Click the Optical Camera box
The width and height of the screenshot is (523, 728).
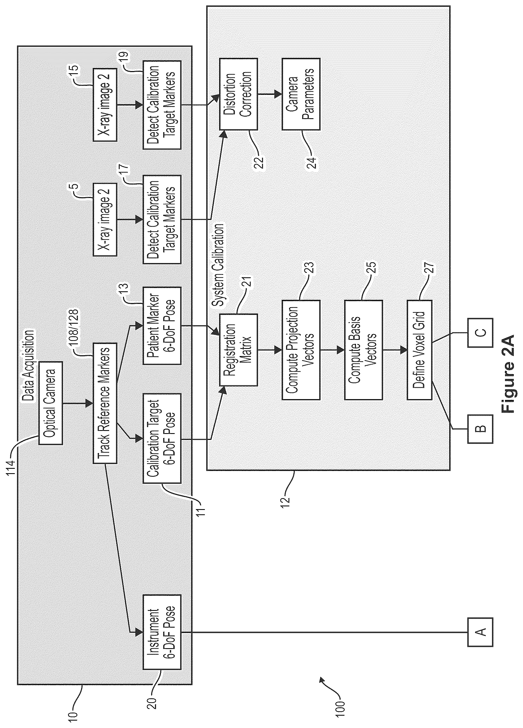(x=50, y=402)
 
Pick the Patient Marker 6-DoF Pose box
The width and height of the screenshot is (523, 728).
(x=162, y=326)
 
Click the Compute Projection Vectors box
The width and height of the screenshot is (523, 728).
(x=301, y=350)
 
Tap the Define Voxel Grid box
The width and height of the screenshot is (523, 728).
(x=419, y=350)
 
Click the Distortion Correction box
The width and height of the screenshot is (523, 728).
(x=238, y=94)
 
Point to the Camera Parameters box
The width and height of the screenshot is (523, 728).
(x=301, y=94)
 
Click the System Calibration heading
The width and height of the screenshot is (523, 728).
(x=219, y=265)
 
